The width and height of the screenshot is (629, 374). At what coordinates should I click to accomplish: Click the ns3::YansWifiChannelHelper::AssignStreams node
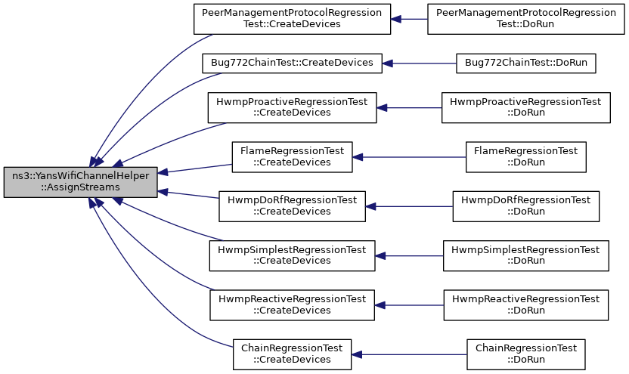(x=81, y=182)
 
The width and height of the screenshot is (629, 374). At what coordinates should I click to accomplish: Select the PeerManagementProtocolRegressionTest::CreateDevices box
(x=292, y=19)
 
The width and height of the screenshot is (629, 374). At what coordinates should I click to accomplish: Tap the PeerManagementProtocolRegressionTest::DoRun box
(x=526, y=19)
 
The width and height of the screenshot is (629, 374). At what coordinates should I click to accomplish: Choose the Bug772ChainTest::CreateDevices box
(x=292, y=63)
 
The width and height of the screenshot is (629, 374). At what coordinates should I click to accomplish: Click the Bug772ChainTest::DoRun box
(x=526, y=63)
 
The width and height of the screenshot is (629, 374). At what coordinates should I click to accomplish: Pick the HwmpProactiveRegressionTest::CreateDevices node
(x=292, y=108)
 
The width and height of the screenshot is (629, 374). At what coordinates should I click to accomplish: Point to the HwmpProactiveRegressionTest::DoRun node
(x=526, y=108)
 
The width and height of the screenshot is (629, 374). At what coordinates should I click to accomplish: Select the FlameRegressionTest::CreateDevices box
(x=292, y=157)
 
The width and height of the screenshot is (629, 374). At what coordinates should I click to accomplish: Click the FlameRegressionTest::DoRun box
(x=526, y=157)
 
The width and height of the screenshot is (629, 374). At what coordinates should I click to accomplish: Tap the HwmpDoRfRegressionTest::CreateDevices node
(x=292, y=206)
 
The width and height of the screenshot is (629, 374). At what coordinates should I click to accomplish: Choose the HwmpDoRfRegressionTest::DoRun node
(x=526, y=206)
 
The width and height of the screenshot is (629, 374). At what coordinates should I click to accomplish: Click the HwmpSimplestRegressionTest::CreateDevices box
(x=292, y=255)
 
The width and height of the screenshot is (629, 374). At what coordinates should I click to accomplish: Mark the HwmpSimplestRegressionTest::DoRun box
(x=526, y=255)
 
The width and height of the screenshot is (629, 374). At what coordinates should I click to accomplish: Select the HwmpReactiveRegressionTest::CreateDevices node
(x=292, y=305)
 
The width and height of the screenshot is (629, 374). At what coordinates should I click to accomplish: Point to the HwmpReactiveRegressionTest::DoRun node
(x=526, y=305)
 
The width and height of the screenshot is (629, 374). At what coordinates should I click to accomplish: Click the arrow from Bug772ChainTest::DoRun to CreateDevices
(x=419, y=63)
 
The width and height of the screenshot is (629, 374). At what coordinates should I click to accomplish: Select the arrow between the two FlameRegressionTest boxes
(x=409, y=157)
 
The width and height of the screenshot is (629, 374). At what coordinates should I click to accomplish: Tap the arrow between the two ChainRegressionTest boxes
(x=409, y=355)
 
